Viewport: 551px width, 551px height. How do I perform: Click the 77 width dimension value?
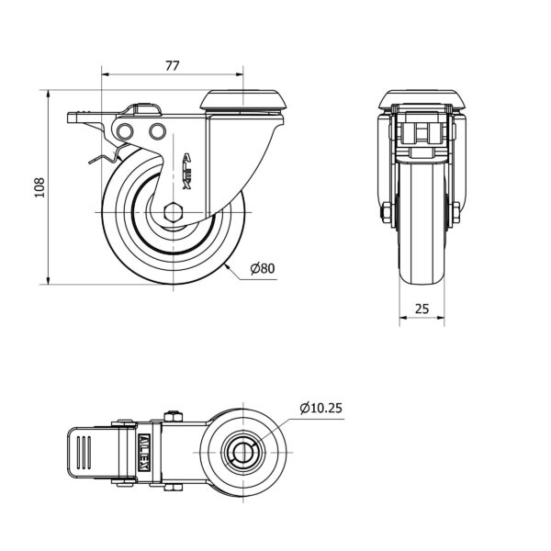click(173, 66)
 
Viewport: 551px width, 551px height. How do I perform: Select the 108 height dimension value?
click(39, 187)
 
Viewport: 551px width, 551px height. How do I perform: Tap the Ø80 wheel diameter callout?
click(263, 268)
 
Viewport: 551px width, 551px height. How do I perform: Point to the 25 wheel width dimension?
click(422, 309)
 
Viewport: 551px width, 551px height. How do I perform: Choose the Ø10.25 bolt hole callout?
click(320, 408)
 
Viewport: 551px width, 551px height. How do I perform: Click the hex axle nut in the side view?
click(174, 212)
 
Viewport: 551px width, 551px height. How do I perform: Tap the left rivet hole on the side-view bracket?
click(125, 131)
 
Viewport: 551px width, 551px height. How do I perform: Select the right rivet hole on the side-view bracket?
click(157, 131)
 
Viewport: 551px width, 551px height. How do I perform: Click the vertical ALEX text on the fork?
click(187, 171)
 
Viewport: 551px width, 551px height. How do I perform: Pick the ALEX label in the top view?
click(144, 452)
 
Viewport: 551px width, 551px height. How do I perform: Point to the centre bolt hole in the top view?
click(242, 453)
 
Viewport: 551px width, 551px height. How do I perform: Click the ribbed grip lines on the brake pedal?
click(84, 452)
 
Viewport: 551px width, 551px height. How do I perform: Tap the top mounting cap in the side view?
click(243, 100)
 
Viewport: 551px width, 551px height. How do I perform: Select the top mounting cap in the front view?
click(422, 100)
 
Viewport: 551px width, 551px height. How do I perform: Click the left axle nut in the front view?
click(387, 213)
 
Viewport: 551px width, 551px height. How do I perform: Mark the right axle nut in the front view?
click(455, 213)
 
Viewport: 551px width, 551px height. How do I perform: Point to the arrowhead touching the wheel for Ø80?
click(228, 266)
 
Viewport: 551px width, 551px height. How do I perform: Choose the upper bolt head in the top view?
click(173, 416)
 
